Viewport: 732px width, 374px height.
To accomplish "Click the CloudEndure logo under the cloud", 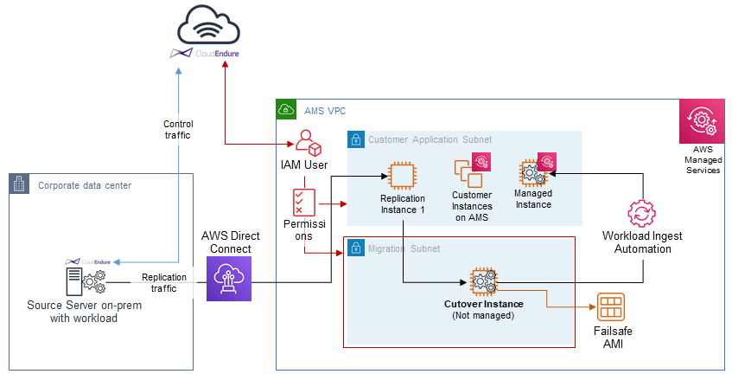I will pyautogui.click(x=205, y=54).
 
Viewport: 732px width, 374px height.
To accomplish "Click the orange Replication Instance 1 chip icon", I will pyautogui.click(x=402, y=176).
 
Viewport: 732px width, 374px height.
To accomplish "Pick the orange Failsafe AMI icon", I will pyautogui.click(x=611, y=307).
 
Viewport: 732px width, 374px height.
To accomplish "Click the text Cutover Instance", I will pyautogui.click(x=483, y=304).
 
